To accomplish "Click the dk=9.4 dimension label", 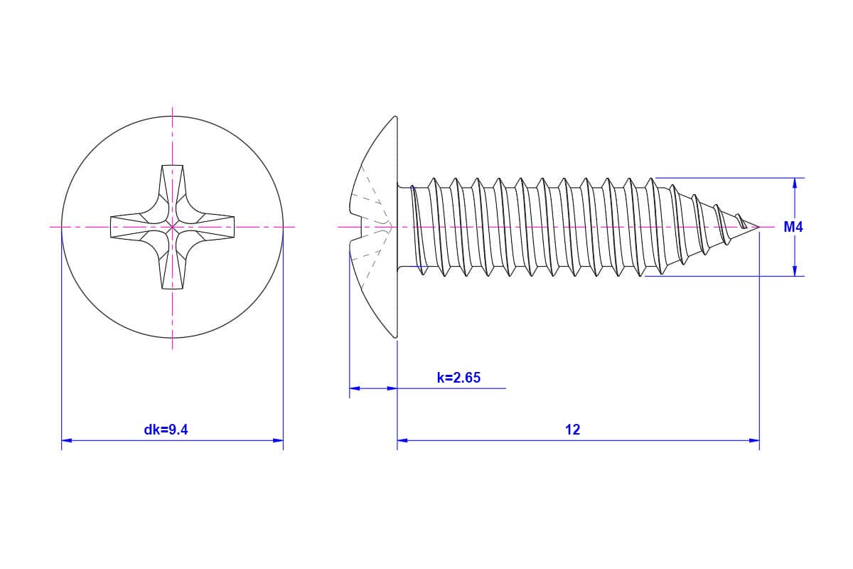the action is click(166, 430).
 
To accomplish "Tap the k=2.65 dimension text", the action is click(458, 378).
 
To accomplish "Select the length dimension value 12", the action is click(572, 430).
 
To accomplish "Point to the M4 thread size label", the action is click(793, 227).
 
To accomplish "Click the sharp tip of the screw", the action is click(759, 227).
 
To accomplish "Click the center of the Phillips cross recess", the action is click(172, 227).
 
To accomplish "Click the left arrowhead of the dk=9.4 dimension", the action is click(67, 440).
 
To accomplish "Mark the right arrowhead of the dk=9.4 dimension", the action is click(278, 440).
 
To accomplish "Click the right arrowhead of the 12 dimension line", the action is click(754, 440).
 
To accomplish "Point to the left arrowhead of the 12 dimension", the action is click(402, 440).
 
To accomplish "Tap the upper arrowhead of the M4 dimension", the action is click(795, 184).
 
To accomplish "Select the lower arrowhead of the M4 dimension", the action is click(795, 270).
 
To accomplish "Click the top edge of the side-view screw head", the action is click(395, 117).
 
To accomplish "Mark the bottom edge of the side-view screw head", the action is click(395, 336).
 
